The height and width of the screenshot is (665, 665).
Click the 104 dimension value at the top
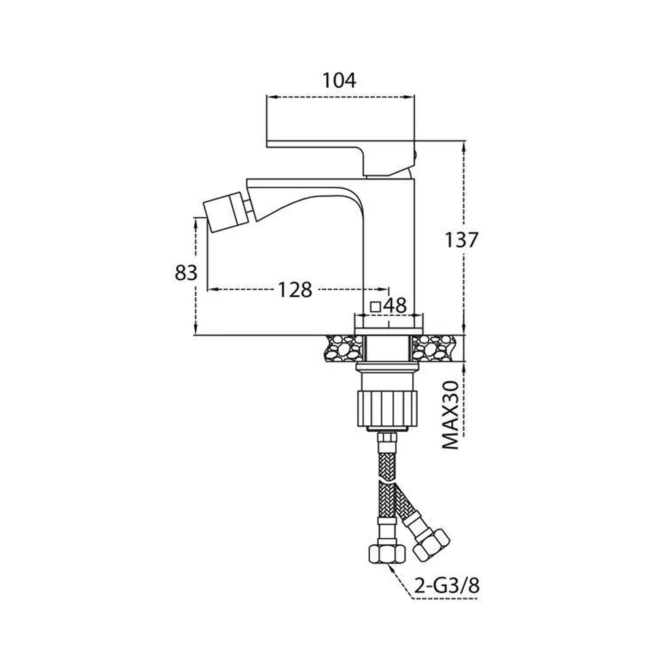[x=339, y=81]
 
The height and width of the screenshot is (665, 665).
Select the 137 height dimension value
[x=462, y=240]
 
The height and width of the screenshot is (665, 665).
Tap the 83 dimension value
[x=186, y=273]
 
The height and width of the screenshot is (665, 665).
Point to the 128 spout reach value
[x=295, y=290]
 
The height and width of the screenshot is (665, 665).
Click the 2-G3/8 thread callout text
[x=447, y=587]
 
